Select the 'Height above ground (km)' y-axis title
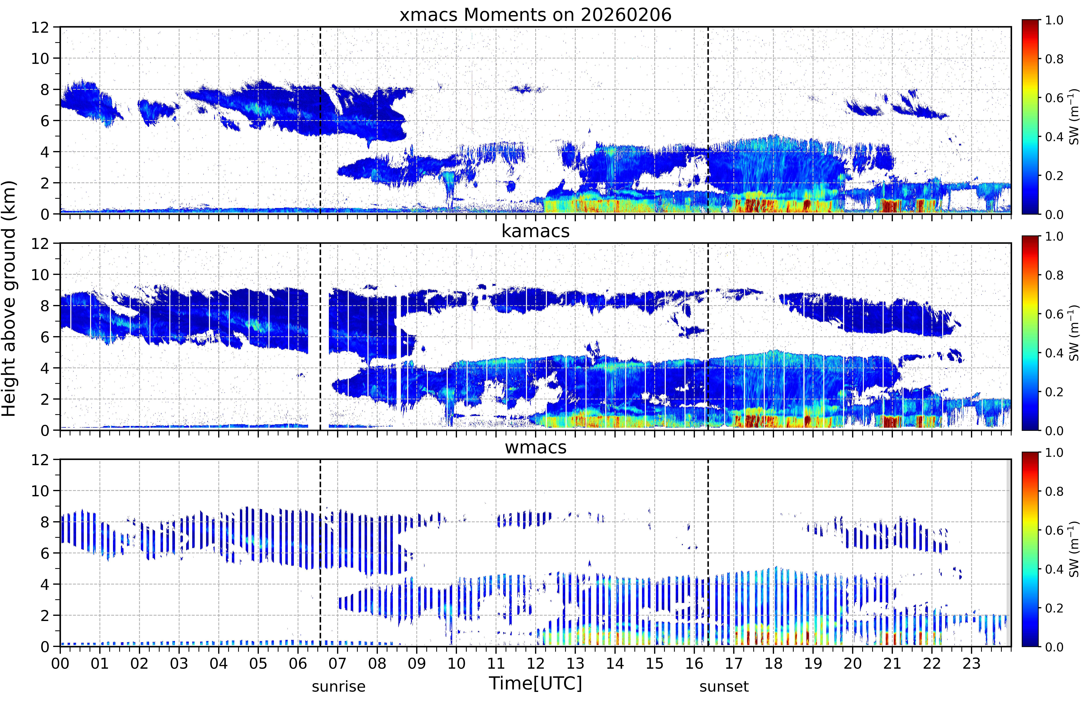coord(9,299)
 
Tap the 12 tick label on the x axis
coord(536,663)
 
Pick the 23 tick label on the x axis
coord(971,663)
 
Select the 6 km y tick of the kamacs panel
coord(45,337)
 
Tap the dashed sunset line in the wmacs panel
coord(708,553)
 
